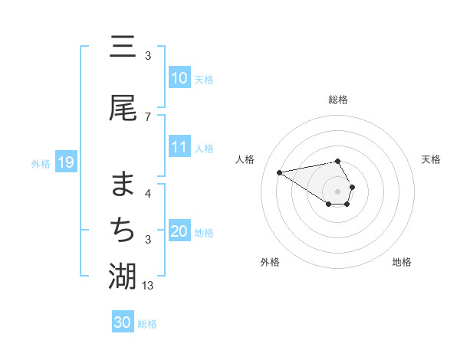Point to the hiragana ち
pyautogui.click(x=123, y=229)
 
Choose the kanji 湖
pyautogui.click(x=123, y=276)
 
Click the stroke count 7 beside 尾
pyautogui.click(x=148, y=116)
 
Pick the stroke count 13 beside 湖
pyautogui.click(x=149, y=285)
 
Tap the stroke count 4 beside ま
pyautogui.click(x=148, y=193)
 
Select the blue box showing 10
pyautogui.click(x=179, y=78)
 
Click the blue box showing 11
pyautogui.click(x=179, y=147)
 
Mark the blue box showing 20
pyautogui.click(x=179, y=231)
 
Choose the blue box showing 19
pyautogui.click(x=65, y=162)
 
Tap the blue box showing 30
pyautogui.click(x=123, y=322)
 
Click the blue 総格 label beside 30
pyautogui.click(x=147, y=324)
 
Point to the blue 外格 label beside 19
pyautogui.click(x=41, y=163)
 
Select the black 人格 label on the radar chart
pyautogui.click(x=246, y=159)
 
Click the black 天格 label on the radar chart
pyautogui.click(x=432, y=159)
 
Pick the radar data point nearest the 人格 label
pyautogui.click(x=280, y=172)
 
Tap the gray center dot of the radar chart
pyautogui.click(x=337, y=191)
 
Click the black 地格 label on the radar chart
pyautogui.click(x=402, y=262)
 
